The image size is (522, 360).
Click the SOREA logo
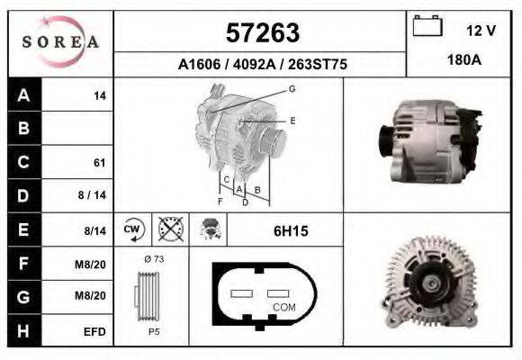(x=60, y=42)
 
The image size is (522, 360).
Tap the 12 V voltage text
(x=481, y=31)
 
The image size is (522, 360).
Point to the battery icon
(x=427, y=28)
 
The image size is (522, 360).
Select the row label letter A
(x=23, y=95)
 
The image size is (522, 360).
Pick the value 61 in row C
(x=99, y=163)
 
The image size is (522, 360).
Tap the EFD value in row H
(x=94, y=331)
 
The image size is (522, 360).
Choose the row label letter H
(x=23, y=330)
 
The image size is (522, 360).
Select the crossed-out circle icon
(x=168, y=230)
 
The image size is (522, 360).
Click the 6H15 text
(x=290, y=231)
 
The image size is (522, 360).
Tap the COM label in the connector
(x=284, y=307)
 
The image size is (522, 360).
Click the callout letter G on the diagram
(x=292, y=89)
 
